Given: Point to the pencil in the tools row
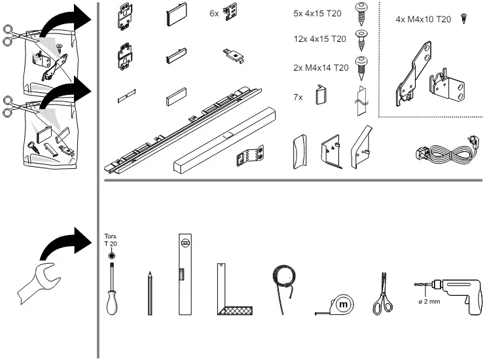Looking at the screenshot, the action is [150, 293].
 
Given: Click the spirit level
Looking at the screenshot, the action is [185, 274].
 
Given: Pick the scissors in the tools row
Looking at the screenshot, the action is [383, 294].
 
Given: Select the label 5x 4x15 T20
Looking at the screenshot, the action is [317, 13].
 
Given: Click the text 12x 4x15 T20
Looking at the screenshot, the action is [320, 39].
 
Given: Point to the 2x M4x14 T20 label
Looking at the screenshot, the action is [321, 67].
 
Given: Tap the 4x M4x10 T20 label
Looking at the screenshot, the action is [423, 19].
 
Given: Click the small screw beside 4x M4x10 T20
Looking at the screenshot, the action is [464, 18].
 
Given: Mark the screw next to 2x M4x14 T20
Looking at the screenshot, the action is [361, 68].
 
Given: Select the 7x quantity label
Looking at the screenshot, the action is [298, 98].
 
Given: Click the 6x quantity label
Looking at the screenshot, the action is [214, 13].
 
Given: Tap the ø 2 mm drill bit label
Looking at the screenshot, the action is [429, 301].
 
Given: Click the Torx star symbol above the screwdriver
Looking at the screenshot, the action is [111, 256].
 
